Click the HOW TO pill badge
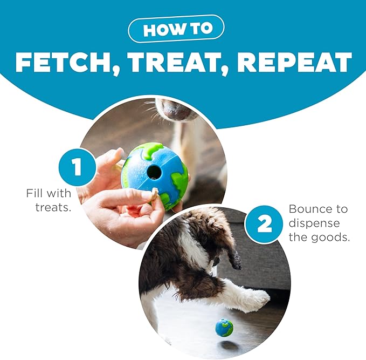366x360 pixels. point(176,29)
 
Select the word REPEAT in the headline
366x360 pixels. point(295,62)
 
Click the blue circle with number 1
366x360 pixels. point(77,167)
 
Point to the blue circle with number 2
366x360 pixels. point(264,224)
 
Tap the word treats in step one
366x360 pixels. point(53,207)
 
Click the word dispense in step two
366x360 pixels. point(314,223)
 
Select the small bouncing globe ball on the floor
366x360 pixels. point(224,327)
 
